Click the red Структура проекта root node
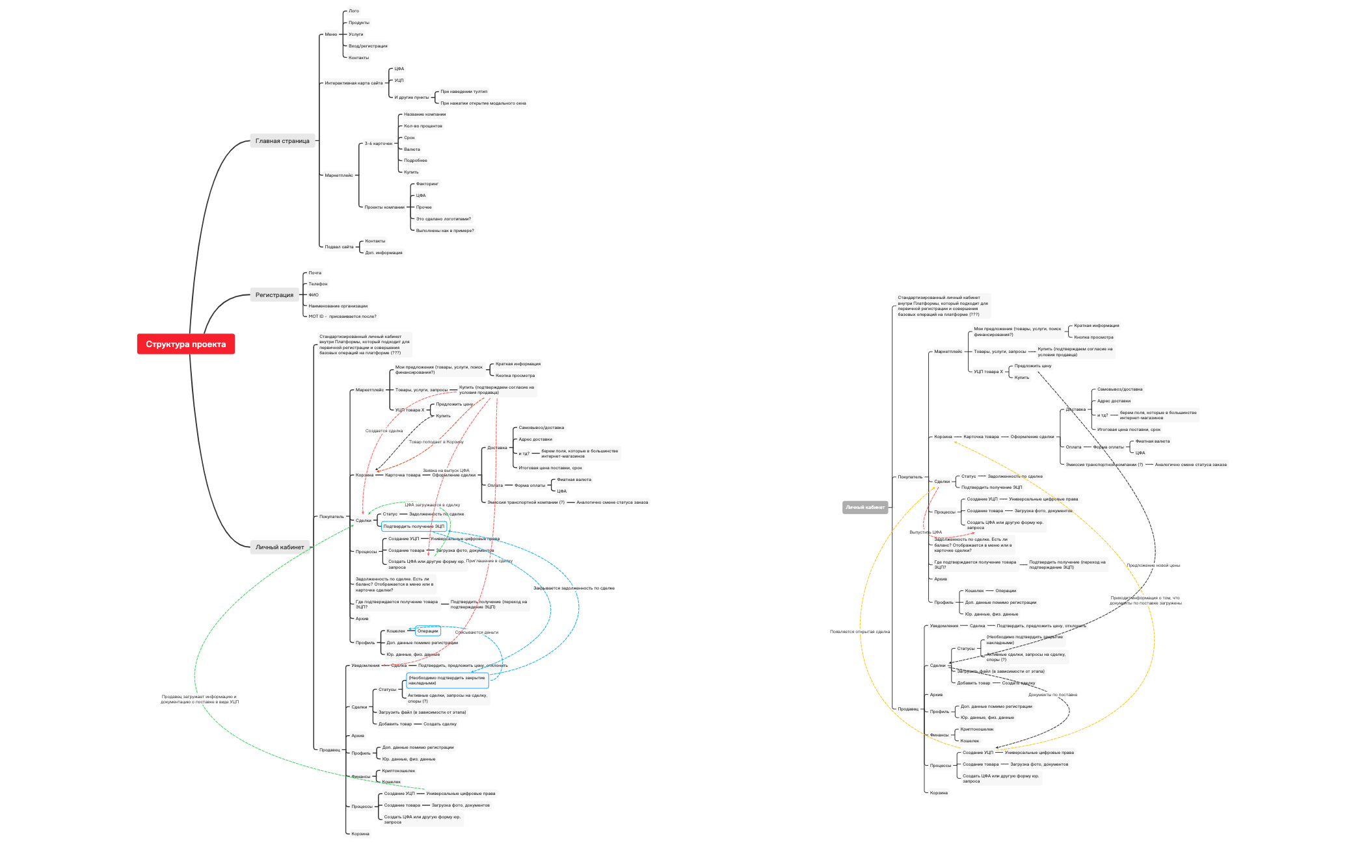click(185, 344)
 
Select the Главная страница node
click(282, 141)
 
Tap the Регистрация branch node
click(274, 295)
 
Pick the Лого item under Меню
click(353, 11)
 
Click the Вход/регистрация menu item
click(368, 46)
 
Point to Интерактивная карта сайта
click(354, 83)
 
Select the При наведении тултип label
click(464, 92)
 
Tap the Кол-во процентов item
click(423, 126)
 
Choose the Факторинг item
click(427, 184)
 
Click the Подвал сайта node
click(339, 247)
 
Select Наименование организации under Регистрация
click(338, 306)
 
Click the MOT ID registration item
click(342, 317)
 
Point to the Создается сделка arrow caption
click(384, 431)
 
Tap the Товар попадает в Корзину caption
click(436, 442)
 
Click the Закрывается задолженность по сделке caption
click(574, 588)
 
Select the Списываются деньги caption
click(476, 632)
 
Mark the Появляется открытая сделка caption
click(859, 632)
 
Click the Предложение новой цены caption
click(1153, 565)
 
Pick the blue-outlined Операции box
click(427, 631)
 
